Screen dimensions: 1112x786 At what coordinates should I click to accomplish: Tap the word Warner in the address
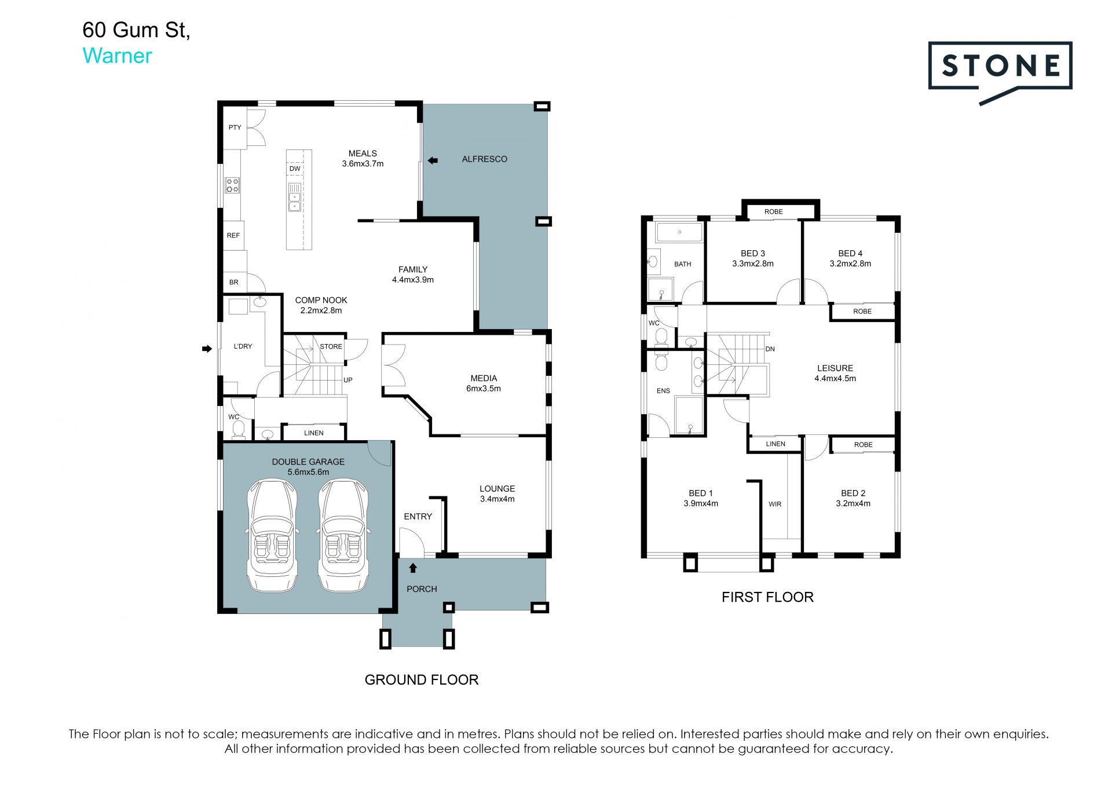[117, 56]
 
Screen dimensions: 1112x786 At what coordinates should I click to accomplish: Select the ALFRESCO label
[484, 159]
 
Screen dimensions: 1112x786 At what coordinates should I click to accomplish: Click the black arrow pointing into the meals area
[432, 160]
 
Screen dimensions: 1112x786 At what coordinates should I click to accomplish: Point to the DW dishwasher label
[295, 169]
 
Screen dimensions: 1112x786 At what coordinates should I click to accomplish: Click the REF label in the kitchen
[233, 236]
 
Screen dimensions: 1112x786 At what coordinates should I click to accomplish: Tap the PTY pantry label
[235, 127]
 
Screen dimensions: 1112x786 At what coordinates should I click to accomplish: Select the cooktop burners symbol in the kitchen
[232, 185]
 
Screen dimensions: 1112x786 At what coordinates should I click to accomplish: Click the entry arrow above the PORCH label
[413, 568]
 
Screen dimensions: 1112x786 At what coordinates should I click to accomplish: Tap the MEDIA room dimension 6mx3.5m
[484, 389]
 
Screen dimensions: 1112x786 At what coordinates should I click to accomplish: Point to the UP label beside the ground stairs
[348, 380]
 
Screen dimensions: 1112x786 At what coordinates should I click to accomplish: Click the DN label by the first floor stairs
[770, 349]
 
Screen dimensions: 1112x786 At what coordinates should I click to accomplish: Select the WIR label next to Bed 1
[775, 504]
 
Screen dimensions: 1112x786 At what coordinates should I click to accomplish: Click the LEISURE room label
[835, 368]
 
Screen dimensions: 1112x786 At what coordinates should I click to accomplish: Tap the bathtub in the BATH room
[679, 232]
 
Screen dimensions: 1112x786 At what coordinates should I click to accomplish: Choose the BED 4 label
[850, 254]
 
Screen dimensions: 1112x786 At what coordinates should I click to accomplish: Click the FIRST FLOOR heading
[767, 597]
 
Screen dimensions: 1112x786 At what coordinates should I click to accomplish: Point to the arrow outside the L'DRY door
[207, 349]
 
